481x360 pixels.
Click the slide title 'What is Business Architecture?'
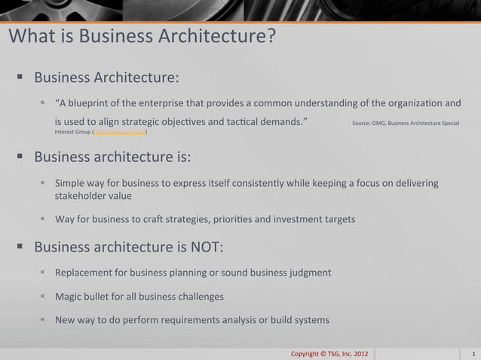tap(142, 36)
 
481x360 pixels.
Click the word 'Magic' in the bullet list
tap(69, 296)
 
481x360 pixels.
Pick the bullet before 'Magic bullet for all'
tap(44, 296)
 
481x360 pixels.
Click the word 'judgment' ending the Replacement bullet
tap(309, 272)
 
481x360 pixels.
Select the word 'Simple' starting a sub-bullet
tap(71, 183)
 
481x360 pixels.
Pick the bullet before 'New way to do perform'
tap(44, 319)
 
